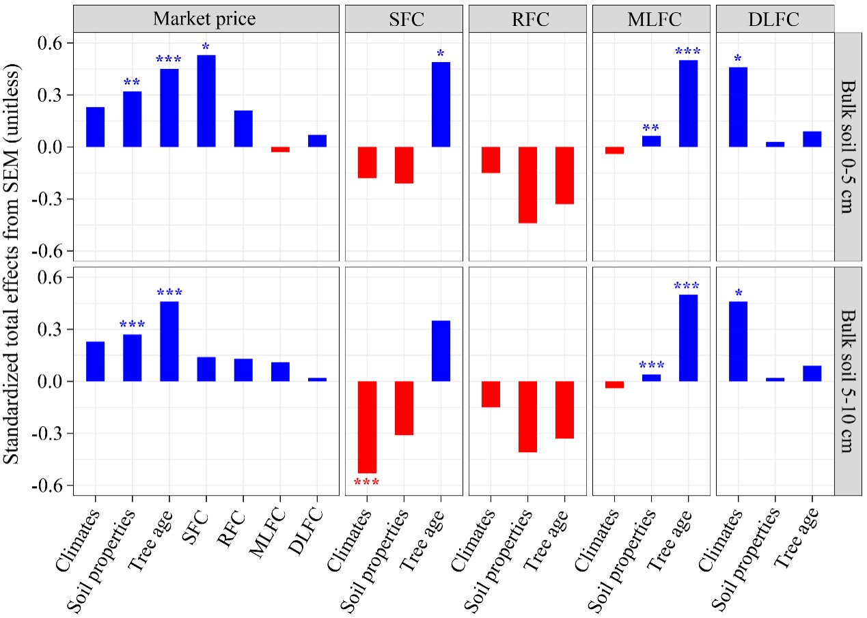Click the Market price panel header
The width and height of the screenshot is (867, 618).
pyautogui.click(x=206, y=18)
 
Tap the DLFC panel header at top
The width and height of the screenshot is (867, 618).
pyautogui.click(x=775, y=18)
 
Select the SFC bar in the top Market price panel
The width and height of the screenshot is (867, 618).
pyautogui.click(x=206, y=101)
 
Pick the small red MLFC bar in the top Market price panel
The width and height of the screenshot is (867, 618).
pyautogui.click(x=280, y=150)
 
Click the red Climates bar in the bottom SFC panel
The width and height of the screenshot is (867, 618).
pyautogui.click(x=367, y=427)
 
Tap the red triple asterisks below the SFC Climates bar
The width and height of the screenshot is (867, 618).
pyautogui.click(x=367, y=483)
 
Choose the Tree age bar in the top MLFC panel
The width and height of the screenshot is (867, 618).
pyautogui.click(x=688, y=104)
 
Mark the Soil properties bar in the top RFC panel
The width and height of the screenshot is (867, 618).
pyautogui.click(x=527, y=185)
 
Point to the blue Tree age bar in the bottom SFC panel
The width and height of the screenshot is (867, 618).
pyautogui.click(x=441, y=351)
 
